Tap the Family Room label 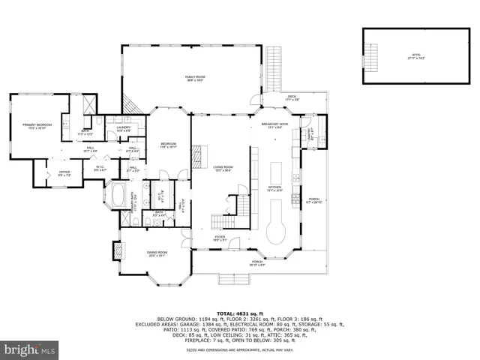coord(196,79)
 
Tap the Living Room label coord(222,169)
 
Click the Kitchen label coord(274,188)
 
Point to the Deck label coord(292,98)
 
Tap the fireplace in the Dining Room coord(116,250)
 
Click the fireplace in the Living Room coord(197,158)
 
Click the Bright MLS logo coord(29,349)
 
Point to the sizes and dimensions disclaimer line coord(239,349)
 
